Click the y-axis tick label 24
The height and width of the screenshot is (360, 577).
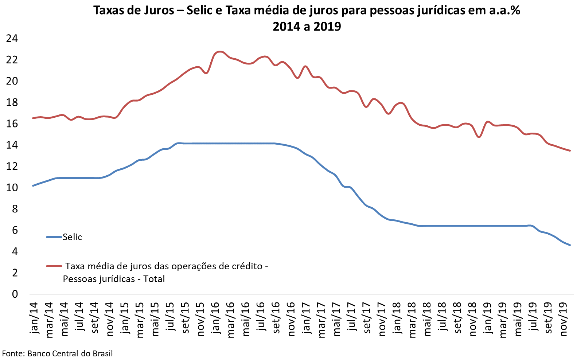(x=12, y=39)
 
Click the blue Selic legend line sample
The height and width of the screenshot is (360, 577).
(x=54, y=237)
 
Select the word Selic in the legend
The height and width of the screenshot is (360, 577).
(x=72, y=237)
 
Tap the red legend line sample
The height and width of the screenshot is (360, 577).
(x=54, y=266)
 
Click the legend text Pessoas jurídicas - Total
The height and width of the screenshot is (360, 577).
(x=114, y=279)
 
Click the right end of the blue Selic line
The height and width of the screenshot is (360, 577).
(x=570, y=245)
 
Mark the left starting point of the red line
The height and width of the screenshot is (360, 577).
(x=33, y=118)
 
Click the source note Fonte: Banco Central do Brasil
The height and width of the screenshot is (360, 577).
(x=58, y=353)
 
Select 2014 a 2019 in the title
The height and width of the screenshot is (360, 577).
(x=307, y=26)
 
